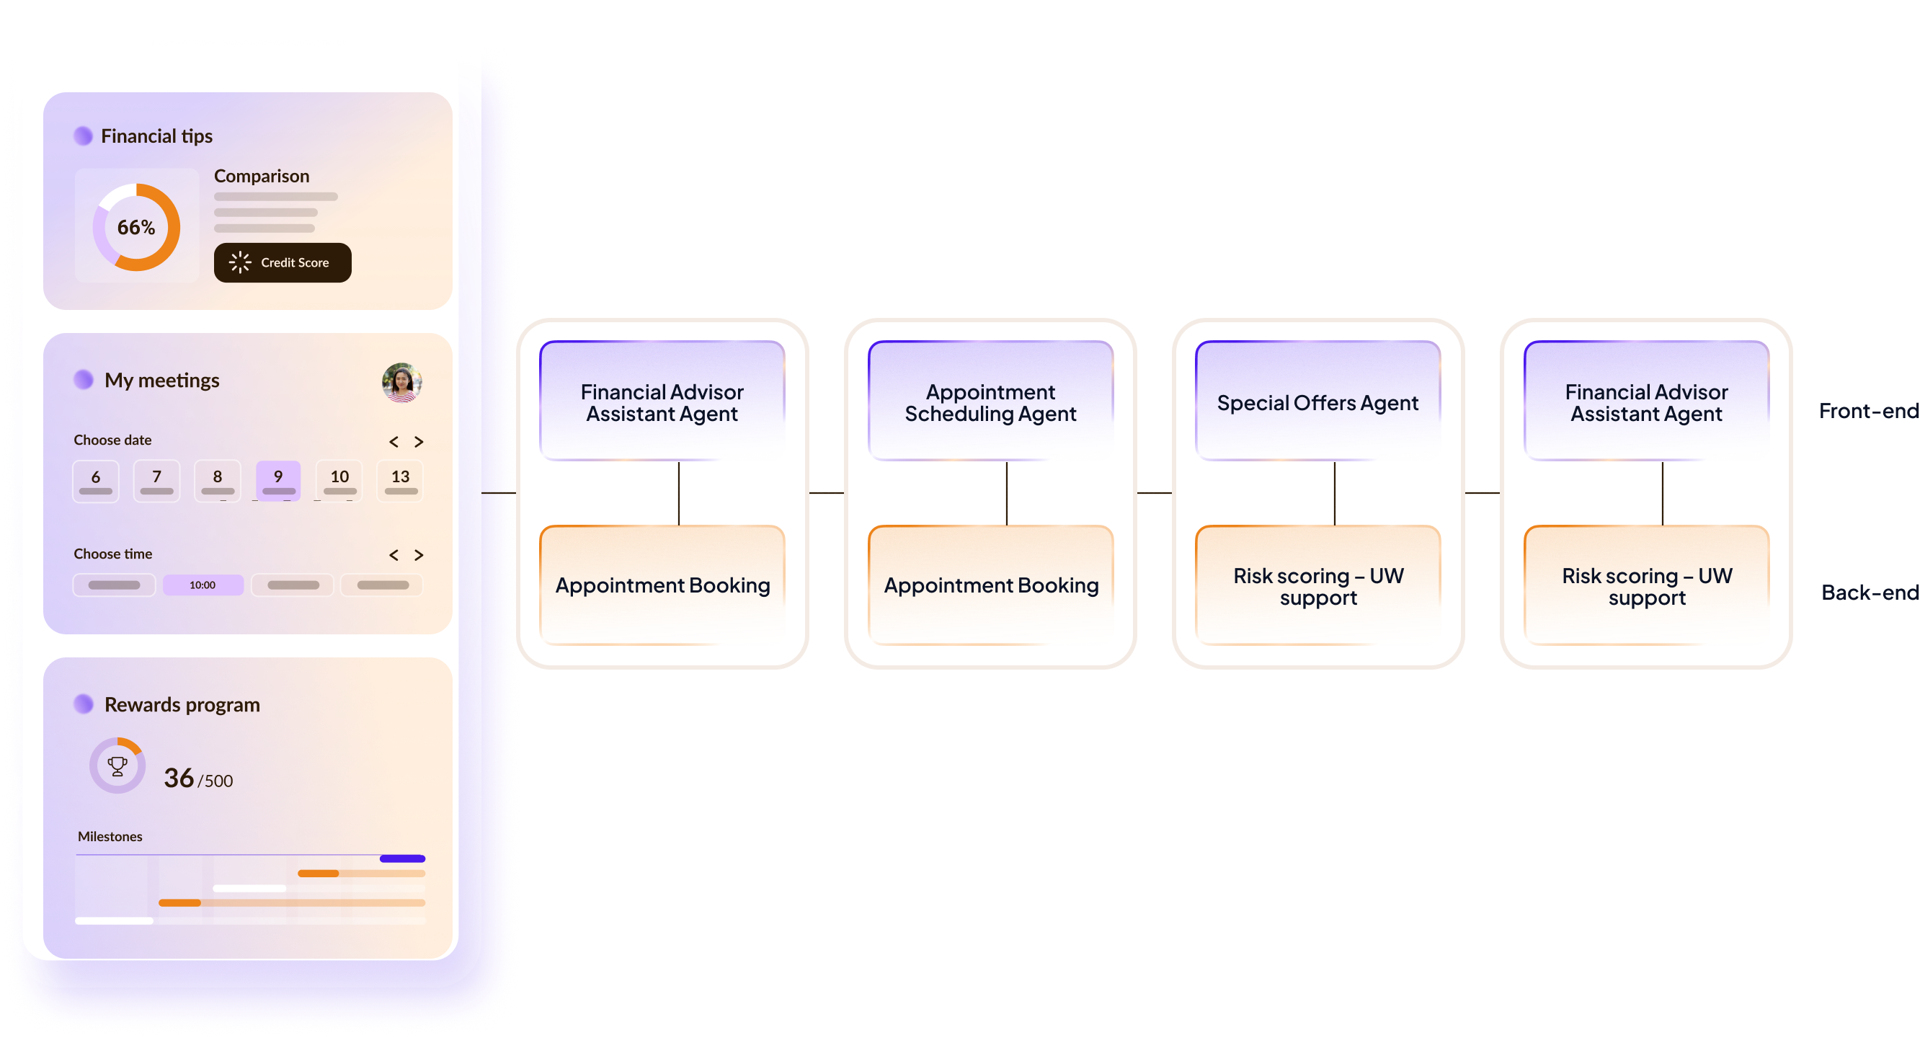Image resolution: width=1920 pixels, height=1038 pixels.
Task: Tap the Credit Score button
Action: tap(283, 262)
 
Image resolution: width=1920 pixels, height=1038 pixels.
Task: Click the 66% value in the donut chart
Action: tap(136, 228)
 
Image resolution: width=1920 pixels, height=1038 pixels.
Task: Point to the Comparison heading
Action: tap(262, 176)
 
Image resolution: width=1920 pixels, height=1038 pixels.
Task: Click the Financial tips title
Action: tap(156, 136)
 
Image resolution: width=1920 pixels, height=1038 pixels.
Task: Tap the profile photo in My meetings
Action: tap(401, 383)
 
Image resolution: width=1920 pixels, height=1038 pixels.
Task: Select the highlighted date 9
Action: tap(278, 480)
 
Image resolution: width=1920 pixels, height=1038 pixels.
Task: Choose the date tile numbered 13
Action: tap(400, 480)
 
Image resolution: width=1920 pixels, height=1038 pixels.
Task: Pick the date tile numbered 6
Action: tap(95, 480)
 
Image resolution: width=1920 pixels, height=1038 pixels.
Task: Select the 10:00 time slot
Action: tap(203, 585)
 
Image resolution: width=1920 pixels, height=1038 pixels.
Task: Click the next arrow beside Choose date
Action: tap(419, 441)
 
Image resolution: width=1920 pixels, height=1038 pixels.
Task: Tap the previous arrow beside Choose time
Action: tap(394, 555)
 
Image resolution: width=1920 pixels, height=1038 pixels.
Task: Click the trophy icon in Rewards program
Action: tap(117, 766)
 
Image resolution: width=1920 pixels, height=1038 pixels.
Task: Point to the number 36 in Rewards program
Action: tap(179, 778)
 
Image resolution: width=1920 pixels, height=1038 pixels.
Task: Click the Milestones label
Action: tap(110, 837)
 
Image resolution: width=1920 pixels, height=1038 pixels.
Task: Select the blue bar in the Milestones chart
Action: tap(402, 859)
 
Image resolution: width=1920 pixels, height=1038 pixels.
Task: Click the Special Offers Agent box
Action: tap(1317, 403)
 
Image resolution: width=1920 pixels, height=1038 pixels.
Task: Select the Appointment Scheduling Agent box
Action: tap(990, 403)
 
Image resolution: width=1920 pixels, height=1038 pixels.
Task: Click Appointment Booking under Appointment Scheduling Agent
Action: tap(990, 585)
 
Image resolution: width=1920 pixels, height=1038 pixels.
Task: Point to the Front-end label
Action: tap(1869, 411)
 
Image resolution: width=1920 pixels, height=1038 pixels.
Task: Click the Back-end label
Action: tap(1870, 593)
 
